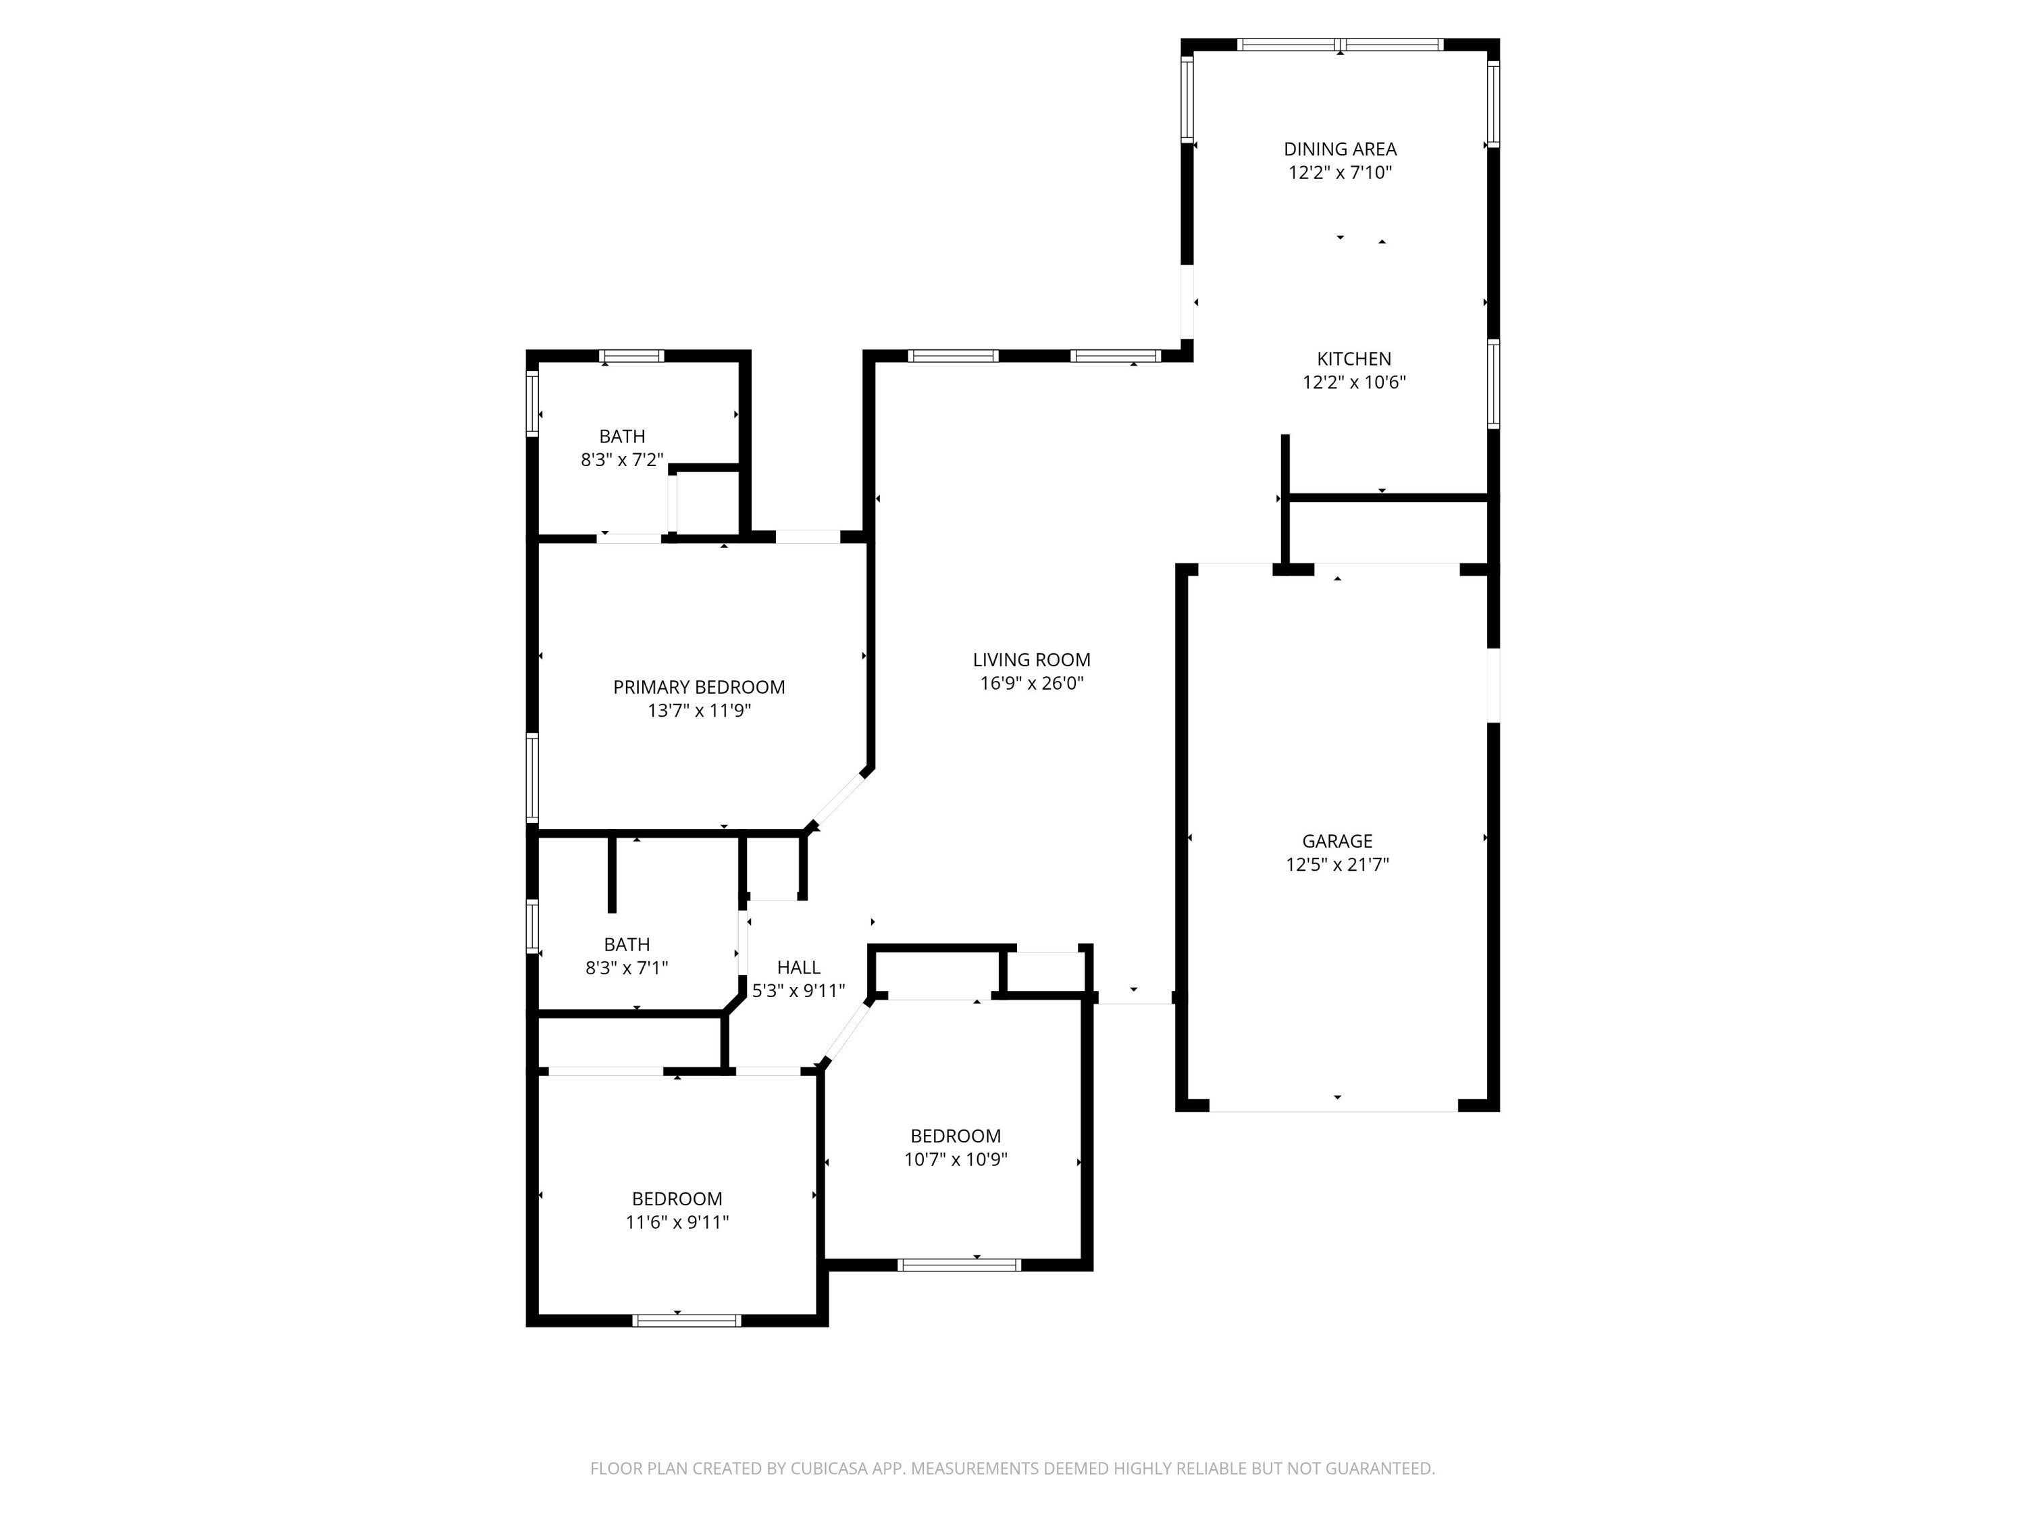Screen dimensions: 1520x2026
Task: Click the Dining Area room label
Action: (1339, 149)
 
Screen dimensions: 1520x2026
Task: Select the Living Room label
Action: (1031, 659)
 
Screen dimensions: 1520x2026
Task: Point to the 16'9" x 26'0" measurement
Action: (1031, 682)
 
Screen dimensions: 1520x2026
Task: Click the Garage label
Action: (1336, 840)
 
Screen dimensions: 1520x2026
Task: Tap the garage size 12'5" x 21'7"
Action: (1336, 864)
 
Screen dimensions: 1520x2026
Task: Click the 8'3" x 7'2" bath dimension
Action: (622, 460)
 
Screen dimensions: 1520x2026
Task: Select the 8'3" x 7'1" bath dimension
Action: (627, 967)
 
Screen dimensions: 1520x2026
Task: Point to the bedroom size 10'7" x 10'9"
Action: (956, 1159)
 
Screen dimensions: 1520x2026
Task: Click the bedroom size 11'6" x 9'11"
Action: (677, 1221)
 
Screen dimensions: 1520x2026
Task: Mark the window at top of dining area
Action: (1339, 44)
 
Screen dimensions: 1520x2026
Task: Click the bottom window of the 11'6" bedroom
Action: (686, 1320)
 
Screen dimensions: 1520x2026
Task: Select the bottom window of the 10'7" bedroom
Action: (958, 1265)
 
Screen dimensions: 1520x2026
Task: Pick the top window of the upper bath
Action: (631, 357)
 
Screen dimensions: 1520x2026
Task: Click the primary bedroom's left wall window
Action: (531, 776)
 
